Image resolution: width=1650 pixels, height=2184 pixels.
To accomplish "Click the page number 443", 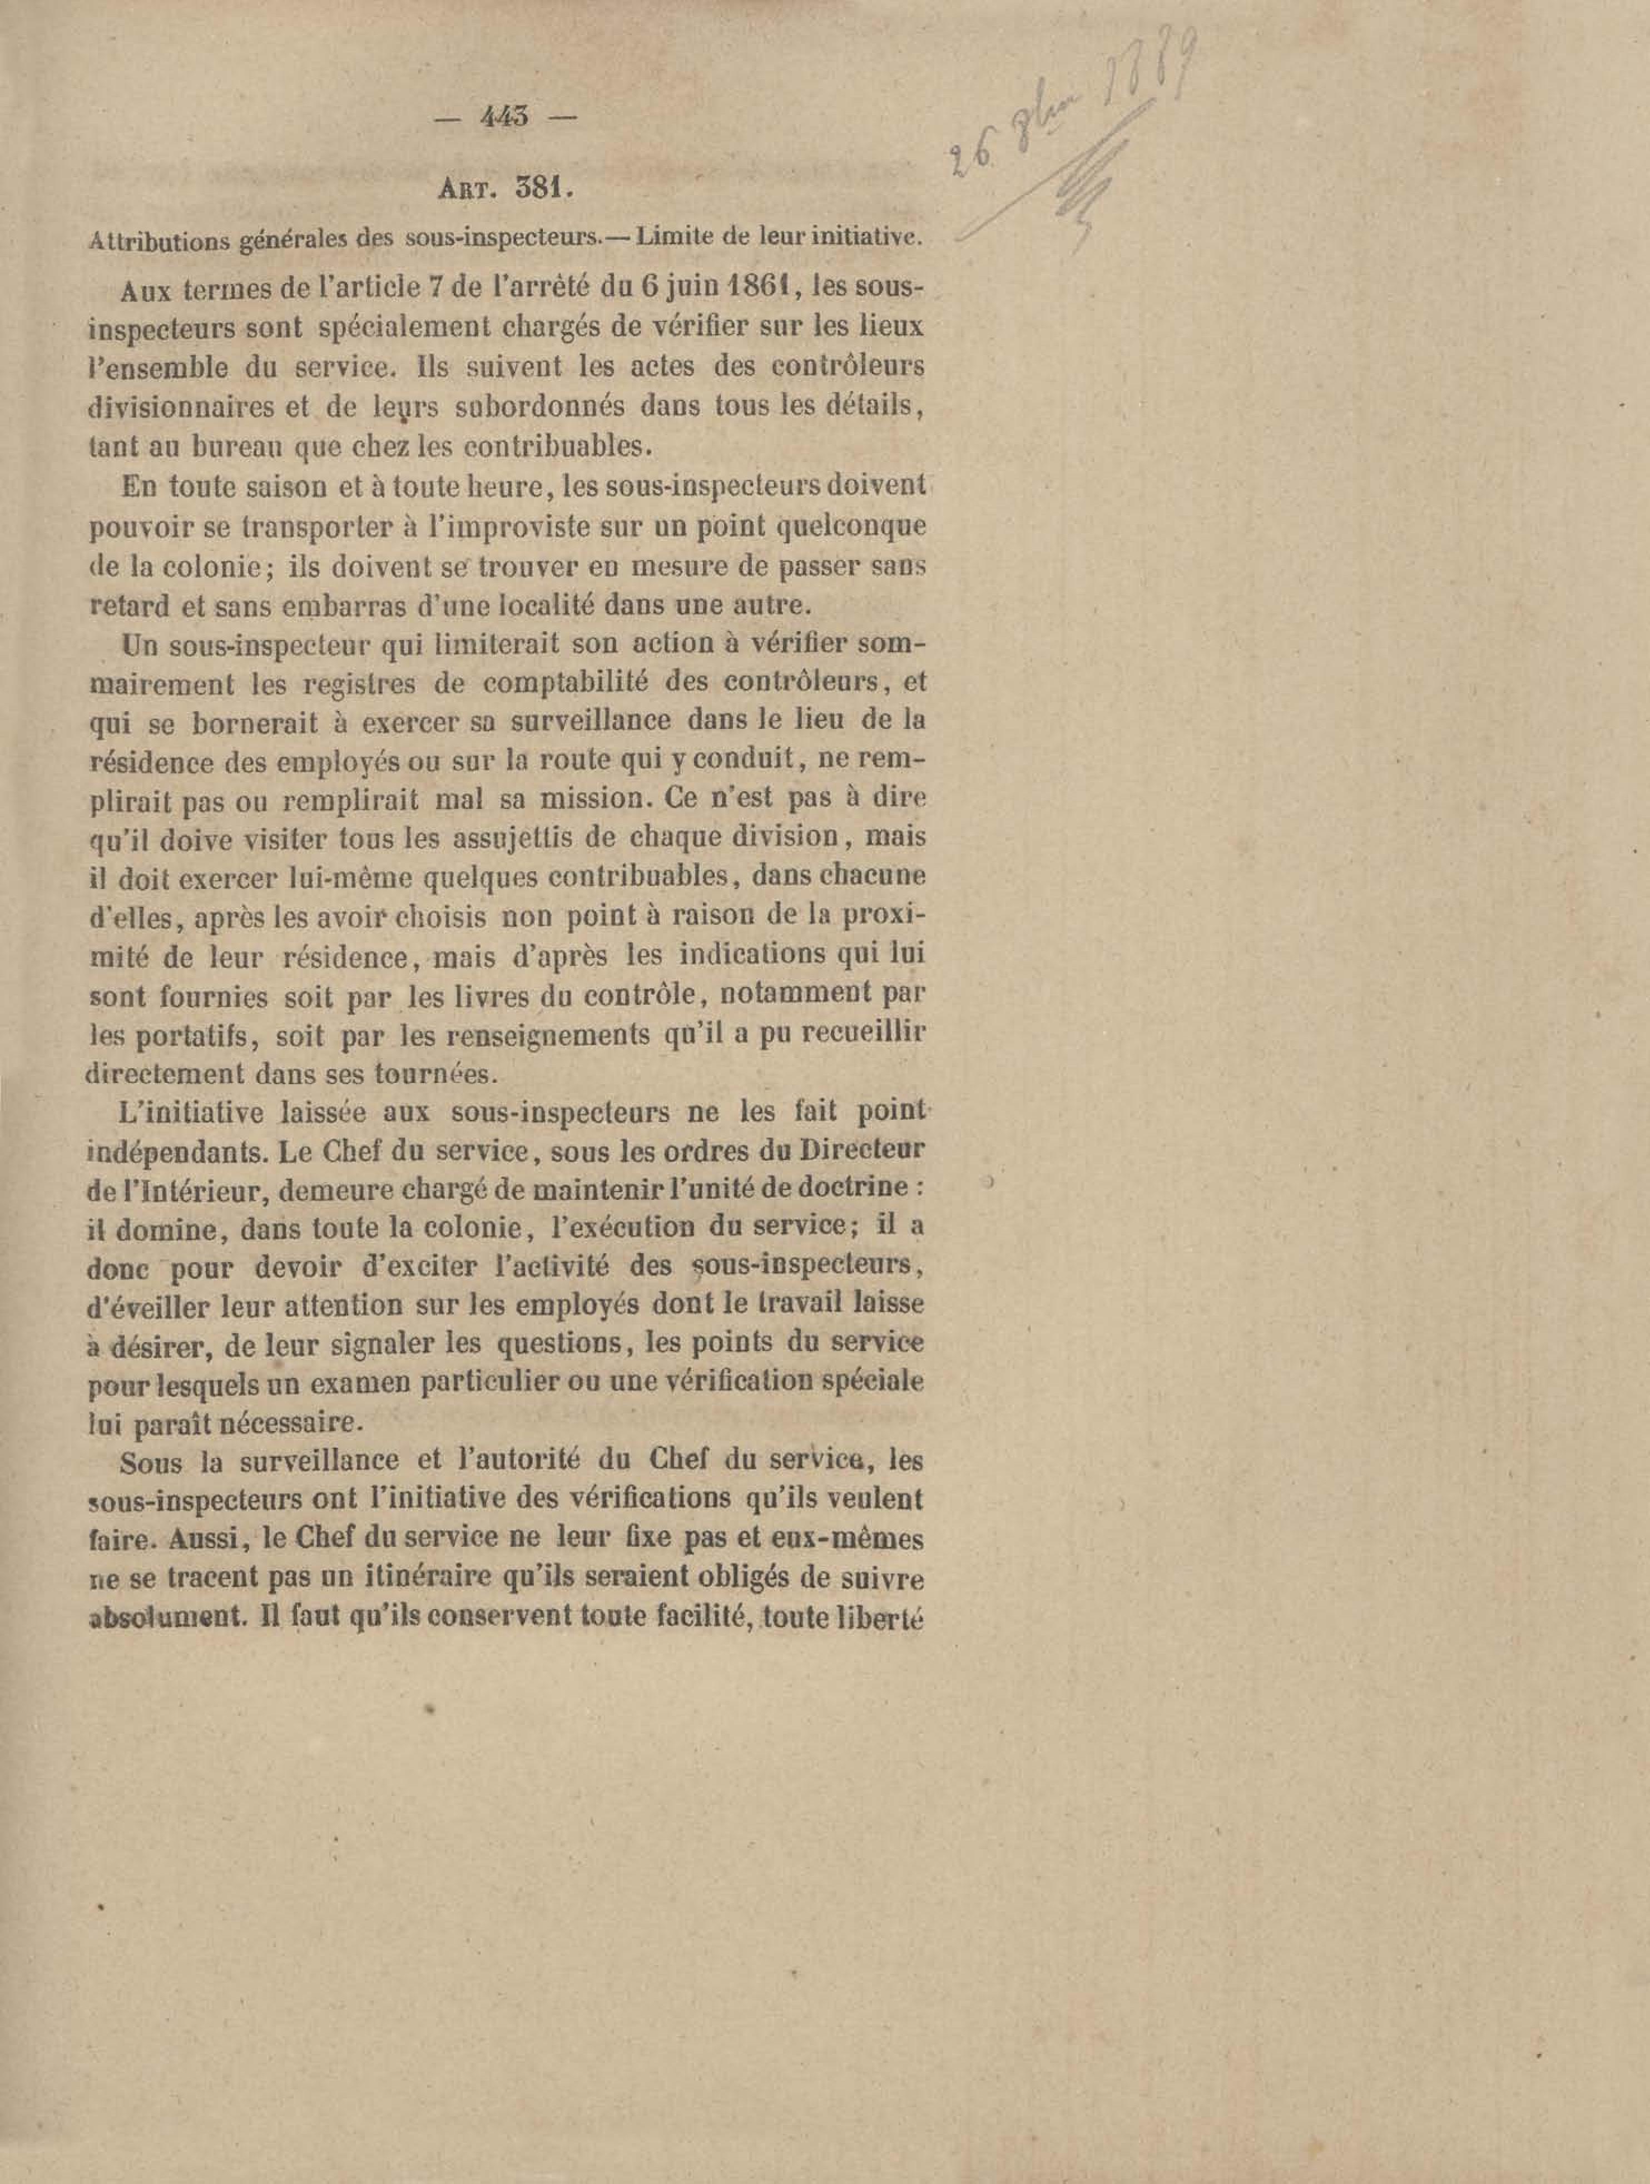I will coord(504,117).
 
